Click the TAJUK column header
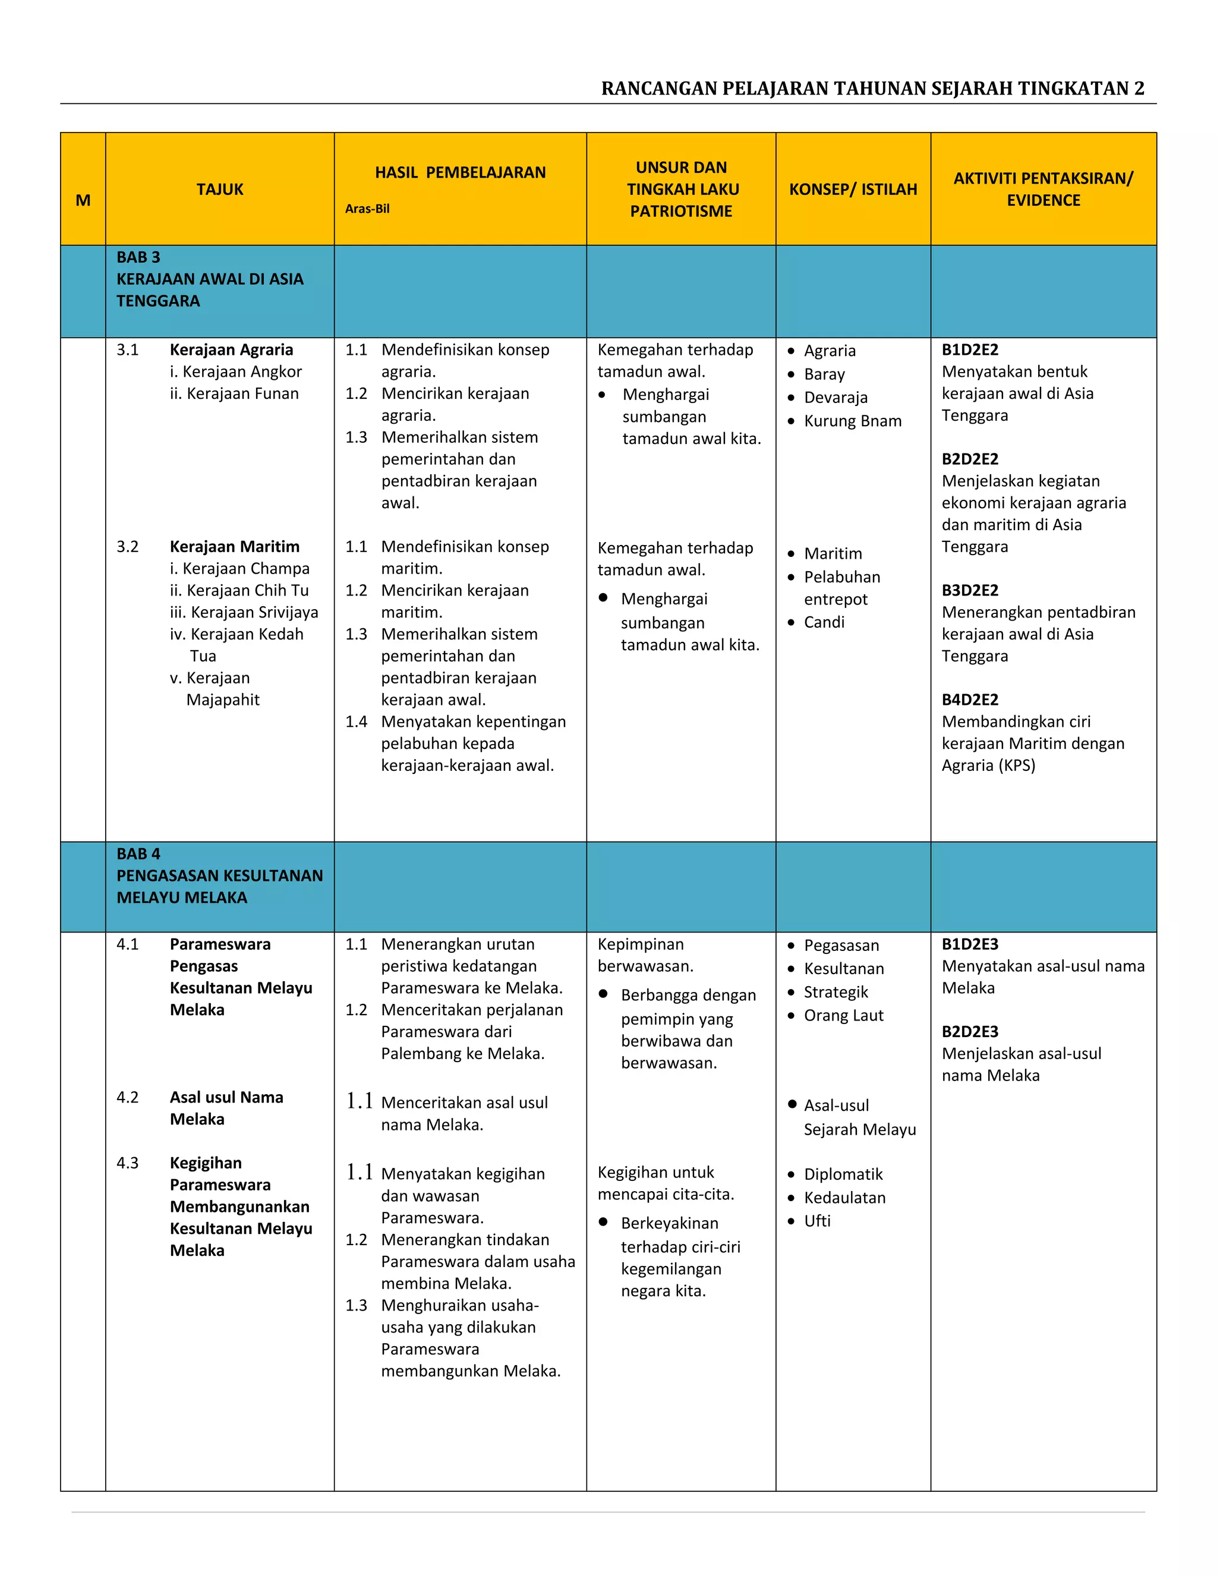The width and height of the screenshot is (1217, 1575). coord(220,189)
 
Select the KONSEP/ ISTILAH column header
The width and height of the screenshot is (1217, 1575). coord(853,189)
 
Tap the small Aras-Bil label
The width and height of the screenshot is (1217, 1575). coord(367,209)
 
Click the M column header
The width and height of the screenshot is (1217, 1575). coord(83,200)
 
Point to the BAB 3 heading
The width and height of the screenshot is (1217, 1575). coord(138,257)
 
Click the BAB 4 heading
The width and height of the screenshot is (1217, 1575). coord(138,854)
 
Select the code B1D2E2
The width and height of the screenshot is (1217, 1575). coord(970,349)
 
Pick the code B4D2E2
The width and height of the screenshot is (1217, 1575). coord(970,700)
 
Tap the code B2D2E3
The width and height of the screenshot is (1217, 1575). coord(970,1031)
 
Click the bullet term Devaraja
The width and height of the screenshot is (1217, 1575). coord(835,398)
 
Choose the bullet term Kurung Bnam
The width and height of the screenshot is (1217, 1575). coord(852,421)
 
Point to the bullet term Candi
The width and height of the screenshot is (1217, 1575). coord(824,622)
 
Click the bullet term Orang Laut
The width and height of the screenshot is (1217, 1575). coord(844,1015)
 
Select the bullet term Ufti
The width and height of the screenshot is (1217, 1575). coord(817,1221)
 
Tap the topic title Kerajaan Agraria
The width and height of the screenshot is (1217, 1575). coord(231,349)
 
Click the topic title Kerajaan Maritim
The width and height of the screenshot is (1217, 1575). coord(234,547)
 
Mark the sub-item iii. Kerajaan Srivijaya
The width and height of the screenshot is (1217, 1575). coord(244,612)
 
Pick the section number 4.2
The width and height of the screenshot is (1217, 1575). coord(128,1098)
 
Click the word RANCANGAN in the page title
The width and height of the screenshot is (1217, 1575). coord(658,89)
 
